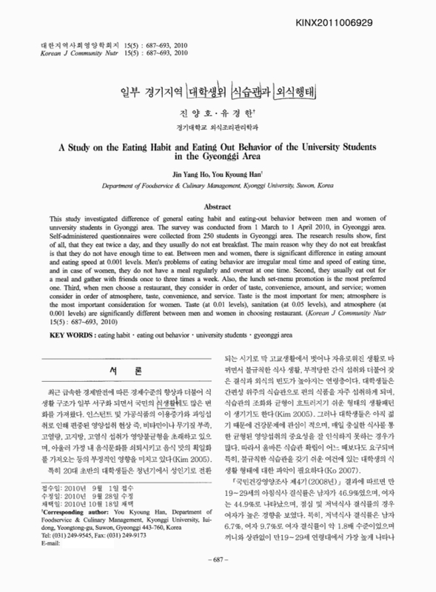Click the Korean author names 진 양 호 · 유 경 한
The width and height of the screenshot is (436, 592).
[218, 114]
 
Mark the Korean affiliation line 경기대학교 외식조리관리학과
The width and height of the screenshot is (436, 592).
[218, 126]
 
